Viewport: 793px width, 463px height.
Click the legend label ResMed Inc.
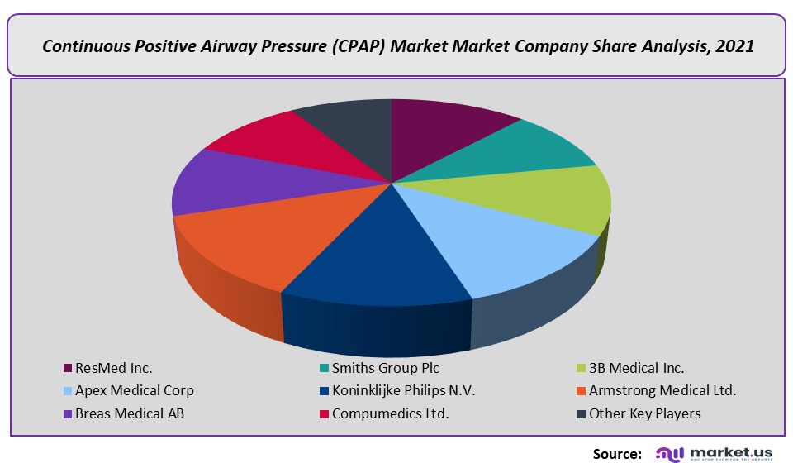[x=113, y=368]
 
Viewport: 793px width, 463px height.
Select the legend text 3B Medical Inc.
[x=636, y=368]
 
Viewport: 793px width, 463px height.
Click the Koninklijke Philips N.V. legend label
[x=403, y=390]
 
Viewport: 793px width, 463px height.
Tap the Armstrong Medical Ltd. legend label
[x=662, y=390]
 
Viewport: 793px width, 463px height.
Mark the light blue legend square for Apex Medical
[x=67, y=391]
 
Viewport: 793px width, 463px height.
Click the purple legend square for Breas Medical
[x=67, y=413]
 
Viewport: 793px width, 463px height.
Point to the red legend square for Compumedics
[x=324, y=413]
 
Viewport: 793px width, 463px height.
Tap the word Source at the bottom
[x=617, y=452]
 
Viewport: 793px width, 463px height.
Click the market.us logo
[x=715, y=452]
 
